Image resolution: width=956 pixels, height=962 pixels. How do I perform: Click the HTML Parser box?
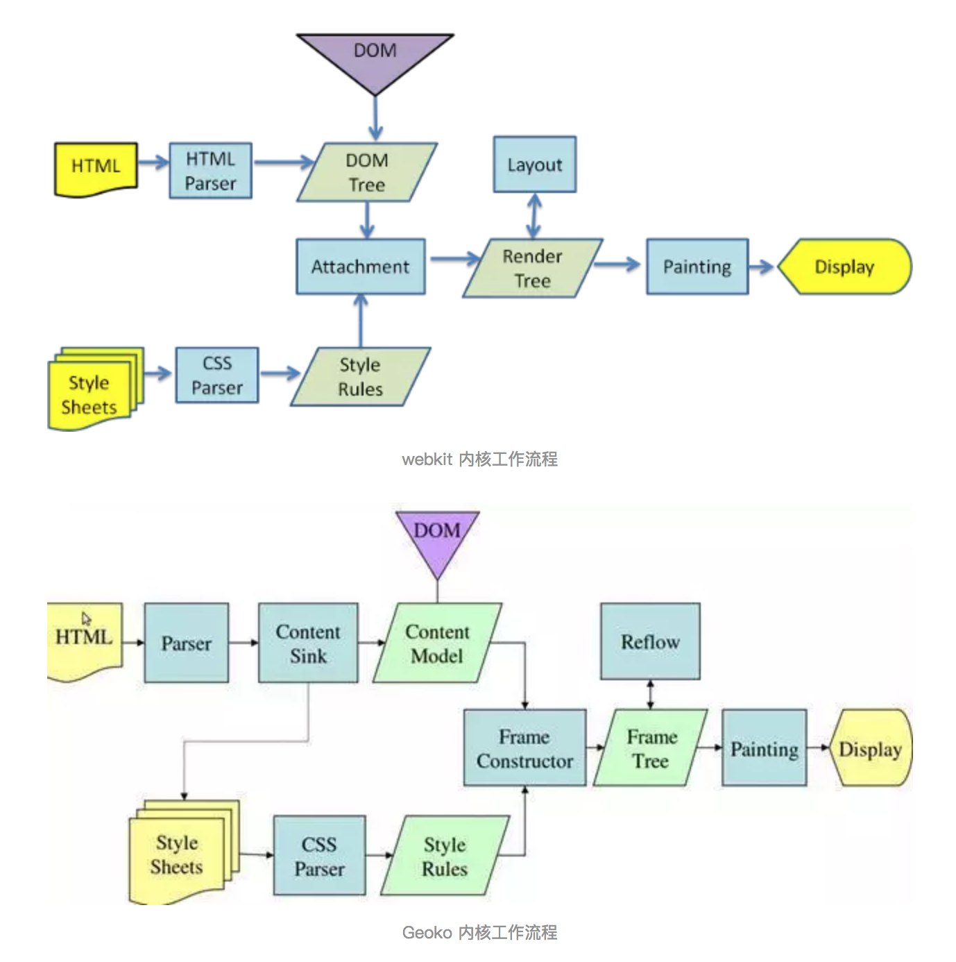[x=210, y=171]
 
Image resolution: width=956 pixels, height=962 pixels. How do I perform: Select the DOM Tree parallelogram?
[x=366, y=172]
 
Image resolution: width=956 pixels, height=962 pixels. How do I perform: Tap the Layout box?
[x=534, y=164]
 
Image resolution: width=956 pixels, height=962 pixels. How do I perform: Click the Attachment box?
[x=360, y=267]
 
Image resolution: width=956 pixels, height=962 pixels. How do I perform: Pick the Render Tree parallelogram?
[x=532, y=269]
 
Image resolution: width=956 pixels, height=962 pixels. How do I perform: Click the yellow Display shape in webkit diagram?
[x=844, y=267]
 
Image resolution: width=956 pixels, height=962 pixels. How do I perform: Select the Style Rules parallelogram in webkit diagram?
[x=360, y=377]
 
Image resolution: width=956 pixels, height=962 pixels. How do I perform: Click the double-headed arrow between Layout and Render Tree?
[x=534, y=215]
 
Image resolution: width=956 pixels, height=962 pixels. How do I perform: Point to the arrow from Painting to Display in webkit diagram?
[x=762, y=267]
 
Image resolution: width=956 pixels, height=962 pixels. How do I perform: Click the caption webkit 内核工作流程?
[x=479, y=459]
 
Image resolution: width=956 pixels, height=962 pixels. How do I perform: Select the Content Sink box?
[x=308, y=643]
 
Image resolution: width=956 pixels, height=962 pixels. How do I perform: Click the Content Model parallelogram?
[x=437, y=643]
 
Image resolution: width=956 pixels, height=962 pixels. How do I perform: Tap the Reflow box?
[x=650, y=641]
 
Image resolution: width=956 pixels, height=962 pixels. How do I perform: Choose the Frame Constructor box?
[x=524, y=748]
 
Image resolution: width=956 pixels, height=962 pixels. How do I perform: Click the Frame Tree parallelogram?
[x=651, y=748]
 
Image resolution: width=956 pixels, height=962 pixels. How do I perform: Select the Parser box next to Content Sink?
[x=186, y=643]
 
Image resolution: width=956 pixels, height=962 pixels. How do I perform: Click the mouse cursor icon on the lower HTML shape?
[x=86, y=618]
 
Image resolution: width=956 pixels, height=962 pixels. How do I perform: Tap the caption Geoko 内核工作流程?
[x=479, y=932]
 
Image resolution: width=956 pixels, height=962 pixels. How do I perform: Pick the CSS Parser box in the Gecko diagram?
[x=319, y=856]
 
